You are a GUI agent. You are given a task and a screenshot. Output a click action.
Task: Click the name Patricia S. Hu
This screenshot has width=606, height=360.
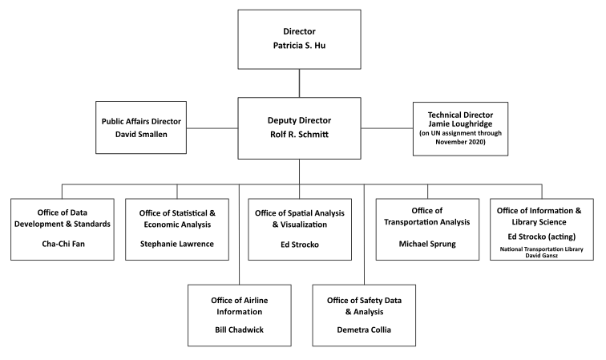[299, 46]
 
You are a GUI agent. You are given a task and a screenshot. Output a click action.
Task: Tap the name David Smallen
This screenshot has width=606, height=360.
[141, 136]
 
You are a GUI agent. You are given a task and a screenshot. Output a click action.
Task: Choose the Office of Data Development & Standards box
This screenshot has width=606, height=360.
[63, 229]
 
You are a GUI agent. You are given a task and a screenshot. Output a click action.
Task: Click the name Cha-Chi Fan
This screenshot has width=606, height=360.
[63, 244]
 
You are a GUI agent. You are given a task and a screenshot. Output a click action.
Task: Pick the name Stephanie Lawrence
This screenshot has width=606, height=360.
[177, 244]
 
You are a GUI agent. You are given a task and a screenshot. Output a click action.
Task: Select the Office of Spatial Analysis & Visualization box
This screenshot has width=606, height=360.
[299, 229]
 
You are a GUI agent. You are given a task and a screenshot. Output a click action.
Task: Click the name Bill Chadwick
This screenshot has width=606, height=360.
[238, 328]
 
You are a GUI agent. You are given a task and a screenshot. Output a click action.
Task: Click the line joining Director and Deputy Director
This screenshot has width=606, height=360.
[299, 83]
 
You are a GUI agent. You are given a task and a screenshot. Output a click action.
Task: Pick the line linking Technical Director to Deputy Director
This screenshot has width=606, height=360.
[387, 127]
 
